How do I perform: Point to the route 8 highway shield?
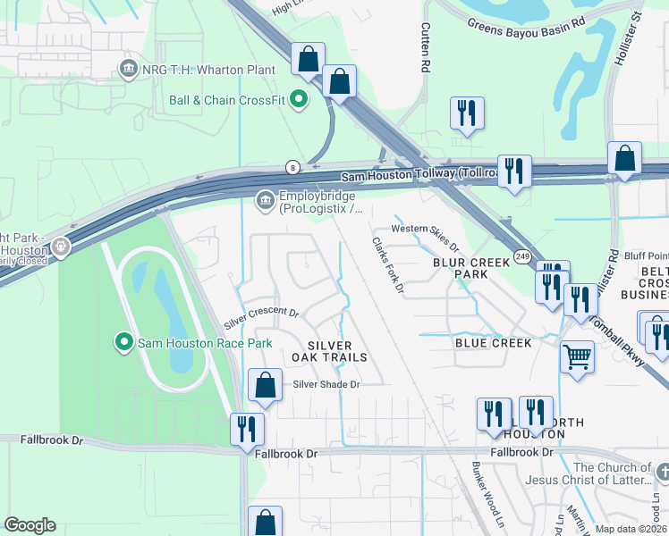pyautogui.click(x=292, y=167)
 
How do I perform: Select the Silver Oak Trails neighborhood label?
pyautogui.click(x=337, y=351)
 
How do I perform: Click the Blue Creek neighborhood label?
pyautogui.click(x=493, y=342)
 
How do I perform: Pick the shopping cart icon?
pyautogui.click(x=577, y=356)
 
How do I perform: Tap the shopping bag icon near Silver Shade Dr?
pyautogui.click(x=266, y=386)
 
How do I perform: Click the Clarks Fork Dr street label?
pyautogui.click(x=388, y=264)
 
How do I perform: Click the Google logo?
pyautogui.click(x=30, y=525)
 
